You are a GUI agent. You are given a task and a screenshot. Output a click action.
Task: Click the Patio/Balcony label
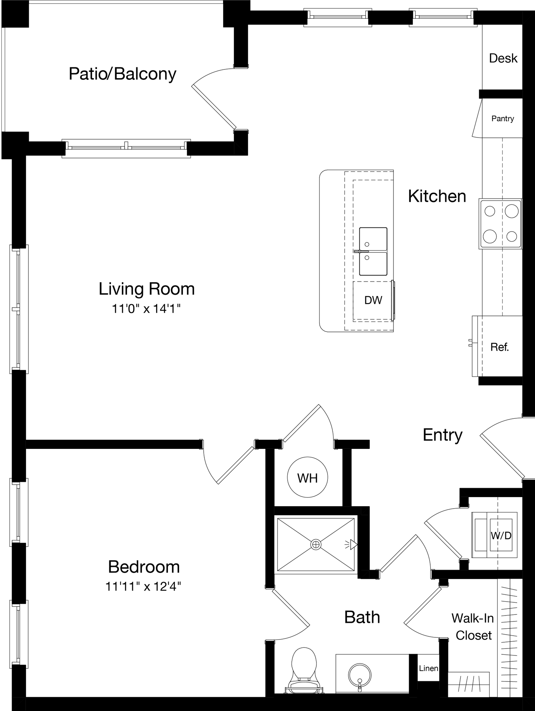click(122, 74)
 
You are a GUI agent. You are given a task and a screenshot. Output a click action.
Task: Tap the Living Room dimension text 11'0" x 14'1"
click(146, 309)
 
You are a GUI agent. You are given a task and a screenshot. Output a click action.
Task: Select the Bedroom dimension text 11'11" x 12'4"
click(143, 586)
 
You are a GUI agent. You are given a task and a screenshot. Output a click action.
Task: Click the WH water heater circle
click(307, 478)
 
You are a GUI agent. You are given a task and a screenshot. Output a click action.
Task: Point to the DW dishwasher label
click(373, 300)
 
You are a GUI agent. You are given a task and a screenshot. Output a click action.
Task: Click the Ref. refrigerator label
click(500, 347)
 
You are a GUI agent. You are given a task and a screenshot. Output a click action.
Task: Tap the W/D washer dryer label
click(501, 536)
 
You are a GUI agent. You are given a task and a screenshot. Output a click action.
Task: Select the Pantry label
click(502, 119)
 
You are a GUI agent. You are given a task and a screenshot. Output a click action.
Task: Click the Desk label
click(503, 58)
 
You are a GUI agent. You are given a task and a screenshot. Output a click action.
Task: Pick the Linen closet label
click(428, 668)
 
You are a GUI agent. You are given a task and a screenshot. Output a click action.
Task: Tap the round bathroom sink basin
click(359, 676)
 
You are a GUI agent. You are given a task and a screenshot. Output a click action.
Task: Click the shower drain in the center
click(316, 545)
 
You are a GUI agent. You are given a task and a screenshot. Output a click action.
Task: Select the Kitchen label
click(437, 196)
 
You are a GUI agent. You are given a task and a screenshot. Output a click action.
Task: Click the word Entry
click(442, 435)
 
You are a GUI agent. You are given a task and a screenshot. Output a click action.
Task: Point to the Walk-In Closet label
click(473, 627)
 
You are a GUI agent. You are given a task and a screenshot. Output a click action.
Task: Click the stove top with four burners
click(500, 224)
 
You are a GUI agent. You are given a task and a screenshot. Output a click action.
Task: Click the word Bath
click(362, 617)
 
